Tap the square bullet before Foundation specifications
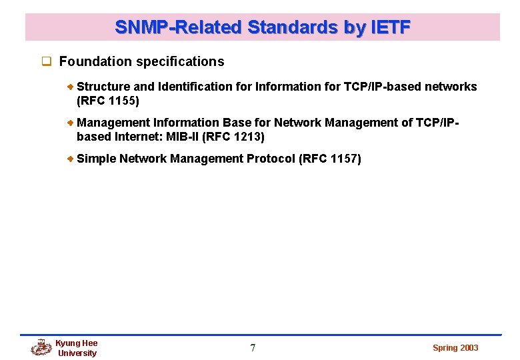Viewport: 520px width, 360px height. pyautogui.click(x=47, y=62)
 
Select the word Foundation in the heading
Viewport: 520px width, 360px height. pyautogui.click(x=95, y=62)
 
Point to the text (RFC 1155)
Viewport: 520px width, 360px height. pyautogui.click(x=108, y=101)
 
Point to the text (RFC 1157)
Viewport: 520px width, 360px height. pyautogui.click(x=331, y=159)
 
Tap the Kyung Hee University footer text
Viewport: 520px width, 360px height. pyautogui.click(x=77, y=348)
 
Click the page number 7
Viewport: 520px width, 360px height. pyautogui.click(x=253, y=348)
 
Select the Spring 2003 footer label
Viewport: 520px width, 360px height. pyautogui.click(x=455, y=348)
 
